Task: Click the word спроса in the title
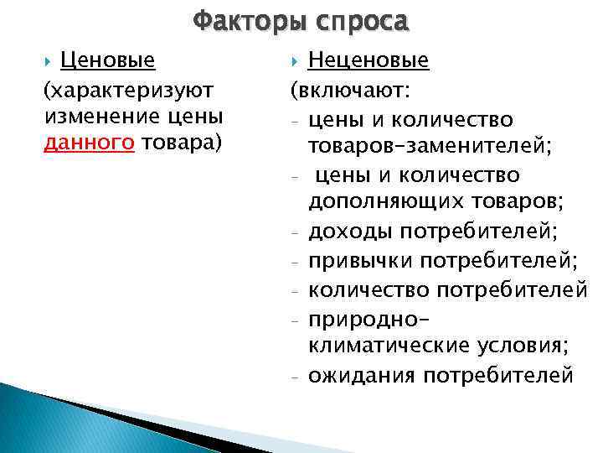click(359, 19)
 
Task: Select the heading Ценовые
click(108, 60)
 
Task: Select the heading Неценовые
click(368, 60)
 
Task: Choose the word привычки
click(361, 261)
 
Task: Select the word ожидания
click(362, 375)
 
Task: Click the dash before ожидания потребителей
click(297, 377)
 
